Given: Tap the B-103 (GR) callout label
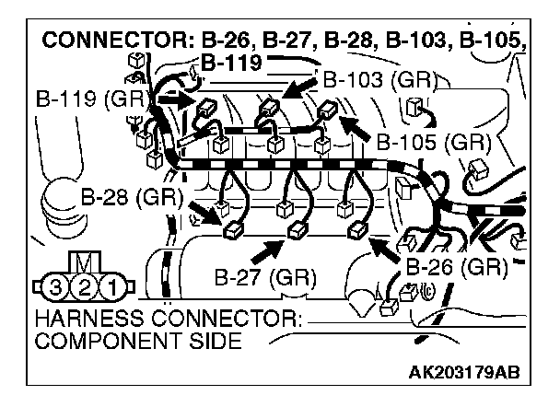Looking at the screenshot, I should [373, 79].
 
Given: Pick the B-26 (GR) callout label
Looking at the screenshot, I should [457, 267].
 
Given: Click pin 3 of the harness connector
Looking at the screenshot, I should [56, 285].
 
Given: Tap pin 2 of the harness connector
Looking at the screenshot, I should [85, 285].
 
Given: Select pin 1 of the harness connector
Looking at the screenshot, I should [112, 285].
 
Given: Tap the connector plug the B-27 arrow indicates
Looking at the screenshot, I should [297, 230].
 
